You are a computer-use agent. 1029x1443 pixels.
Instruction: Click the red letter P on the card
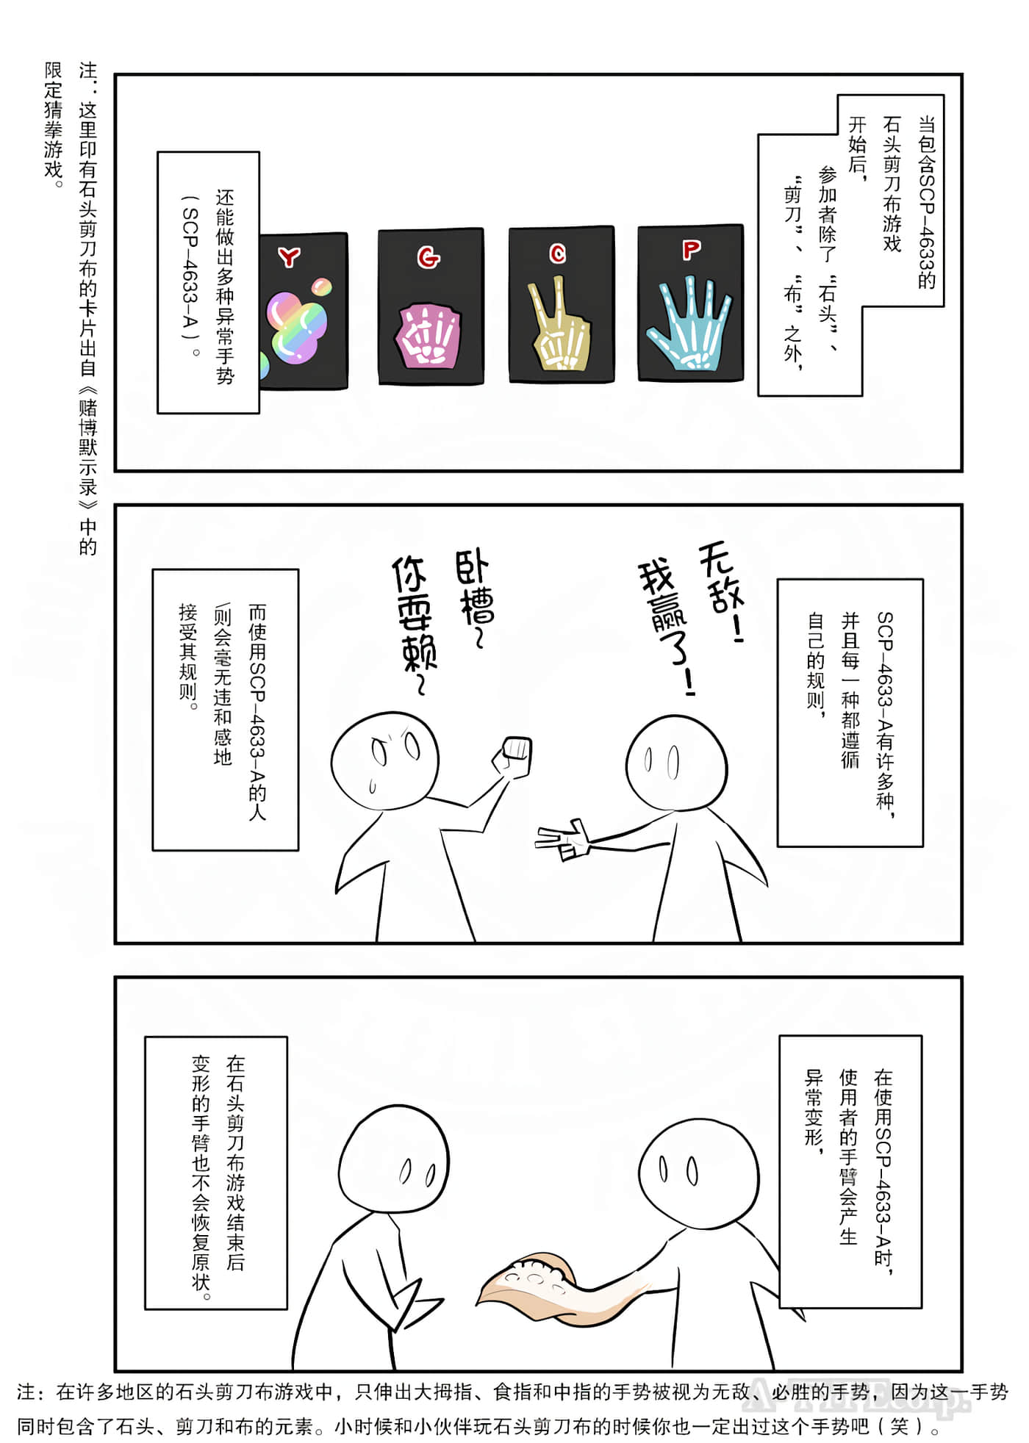(x=691, y=251)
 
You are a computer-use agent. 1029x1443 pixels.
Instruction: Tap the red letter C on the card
(x=558, y=254)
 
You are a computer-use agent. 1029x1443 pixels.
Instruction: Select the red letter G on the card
(x=429, y=257)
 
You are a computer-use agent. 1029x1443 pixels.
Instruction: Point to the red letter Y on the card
(x=290, y=256)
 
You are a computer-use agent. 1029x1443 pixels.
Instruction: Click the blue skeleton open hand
(x=689, y=327)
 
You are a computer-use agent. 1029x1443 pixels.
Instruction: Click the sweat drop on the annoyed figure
(x=372, y=787)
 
